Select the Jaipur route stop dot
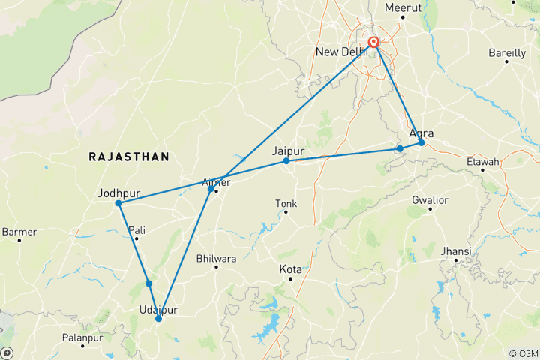(x=286, y=161)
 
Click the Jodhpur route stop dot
(x=118, y=203)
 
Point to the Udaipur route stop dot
(x=158, y=319)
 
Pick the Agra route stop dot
(x=421, y=142)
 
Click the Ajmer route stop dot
(x=211, y=188)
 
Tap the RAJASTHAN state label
(x=128, y=157)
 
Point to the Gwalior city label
(x=430, y=200)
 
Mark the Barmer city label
(x=19, y=232)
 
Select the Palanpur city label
(x=82, y=337)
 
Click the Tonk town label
(x=286, y=202)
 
